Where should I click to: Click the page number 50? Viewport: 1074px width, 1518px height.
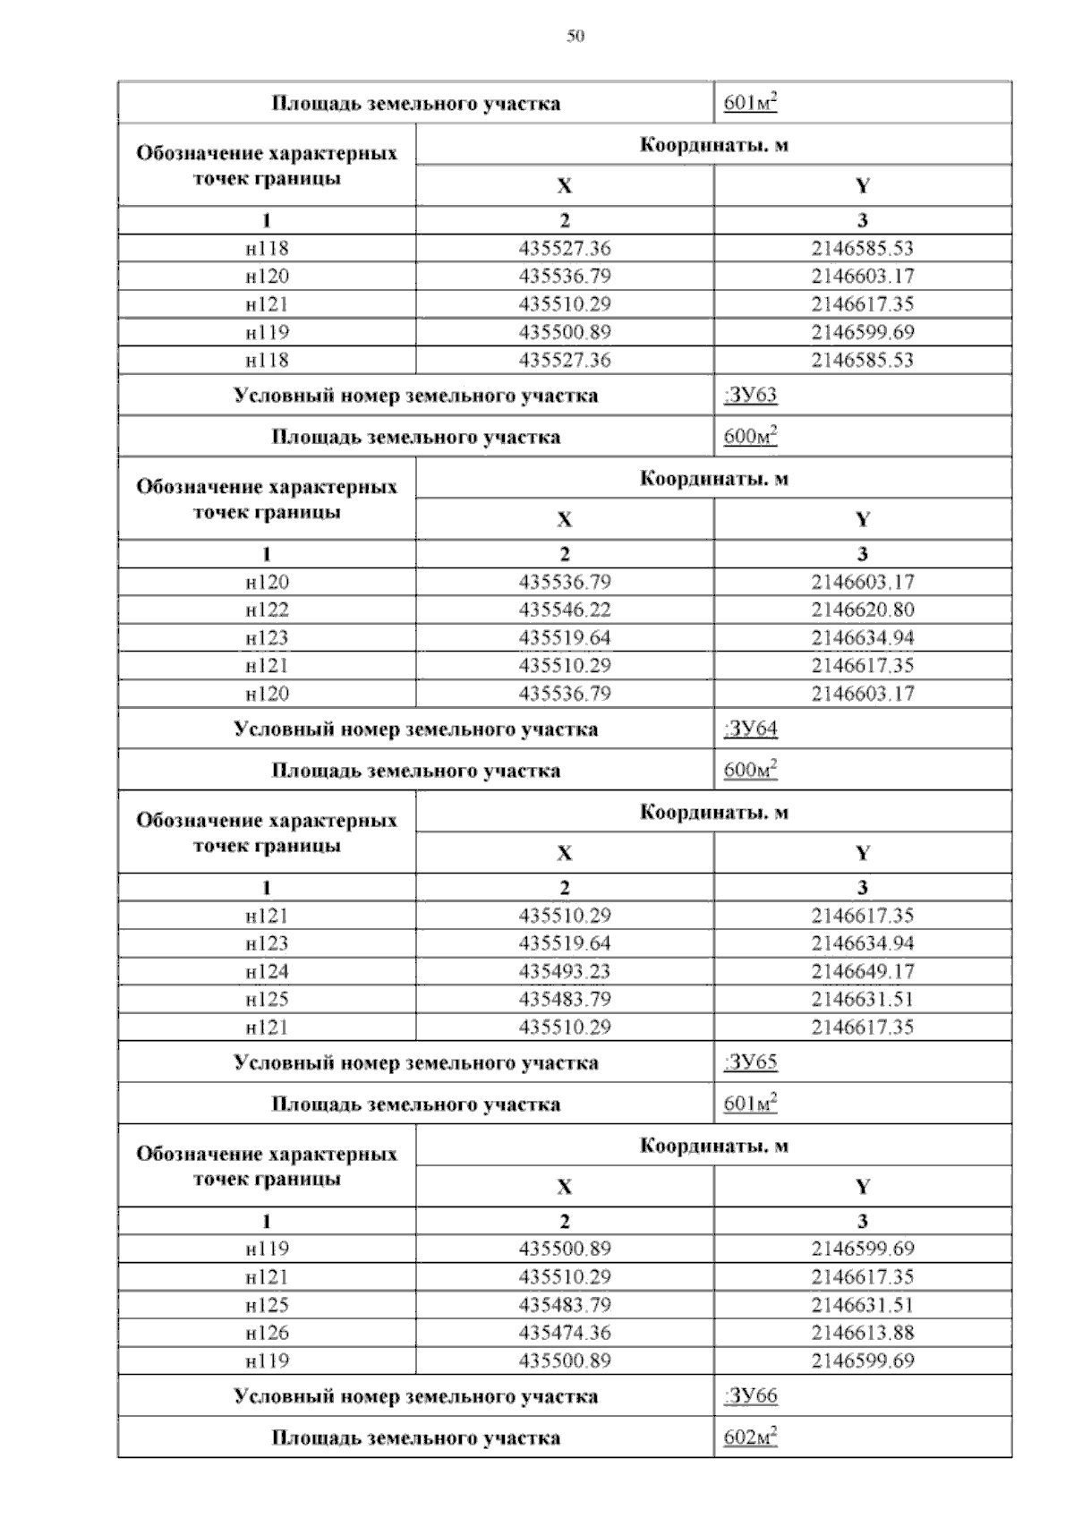pyautogui.click(x=575, y=37)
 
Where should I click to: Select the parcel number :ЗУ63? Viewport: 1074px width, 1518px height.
pyautogui.click(x=750, y=396)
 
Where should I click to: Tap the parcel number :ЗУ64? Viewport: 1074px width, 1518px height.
pyautogui.click(x=750, y=729)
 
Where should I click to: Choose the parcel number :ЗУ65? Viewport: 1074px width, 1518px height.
pyautogui.click(x=750, y=1063)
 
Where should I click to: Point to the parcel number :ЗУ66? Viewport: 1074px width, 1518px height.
pyautogui.click(x=750, y=1396)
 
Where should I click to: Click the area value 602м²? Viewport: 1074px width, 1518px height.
pyautogui.click(x=750, y=1438)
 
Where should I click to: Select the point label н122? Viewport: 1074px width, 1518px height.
pyautogui.click(x=267, y=610)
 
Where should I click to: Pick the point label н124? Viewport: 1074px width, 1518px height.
pyautogui.click(x=267, y=972)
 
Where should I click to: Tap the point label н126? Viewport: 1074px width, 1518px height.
pyautogui.click(x=267, y=1333)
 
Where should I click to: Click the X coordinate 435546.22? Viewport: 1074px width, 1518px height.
pyautogui.click(x=565, y=610)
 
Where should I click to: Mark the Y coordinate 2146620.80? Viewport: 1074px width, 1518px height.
pyautogui.click(x=863, y=610)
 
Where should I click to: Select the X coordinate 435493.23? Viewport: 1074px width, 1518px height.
pyautogui.click(x=565, y=972)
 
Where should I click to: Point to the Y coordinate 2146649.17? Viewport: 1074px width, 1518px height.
pyautogui.click(x=863, y=972)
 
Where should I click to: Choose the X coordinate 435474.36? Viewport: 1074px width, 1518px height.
pyautogui.click(x=565, y=1333)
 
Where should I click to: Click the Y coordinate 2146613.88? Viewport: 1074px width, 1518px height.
pyautogui.click(x=863, y=1333)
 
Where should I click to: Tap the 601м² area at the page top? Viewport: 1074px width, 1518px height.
pyautogui.click(x=750, y=104)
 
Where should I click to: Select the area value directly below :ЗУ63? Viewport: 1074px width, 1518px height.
pyautogui.click(x=750, y=438)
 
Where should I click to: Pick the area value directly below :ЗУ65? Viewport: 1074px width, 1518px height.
pyautogui.click(x=750, y=1104)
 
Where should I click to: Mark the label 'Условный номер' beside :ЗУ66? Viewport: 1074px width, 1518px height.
pyautogui.click(x=415, y=1396)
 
